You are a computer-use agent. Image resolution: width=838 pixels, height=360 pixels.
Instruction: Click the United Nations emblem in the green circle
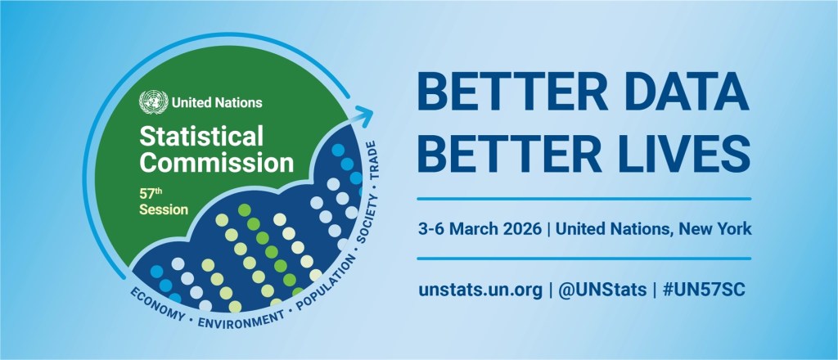(153, 102)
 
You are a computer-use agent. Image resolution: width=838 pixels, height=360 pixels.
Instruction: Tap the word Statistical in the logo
(201, 137)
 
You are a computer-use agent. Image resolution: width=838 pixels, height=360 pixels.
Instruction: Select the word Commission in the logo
(216, 162)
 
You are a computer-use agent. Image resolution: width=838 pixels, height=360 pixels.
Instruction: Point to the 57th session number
(151, 193)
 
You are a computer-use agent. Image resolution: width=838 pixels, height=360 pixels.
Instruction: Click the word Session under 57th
(164, 210)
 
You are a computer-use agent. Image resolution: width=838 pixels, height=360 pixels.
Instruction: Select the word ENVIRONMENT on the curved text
(241, 320)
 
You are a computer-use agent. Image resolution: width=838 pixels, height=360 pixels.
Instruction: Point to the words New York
(715, 229)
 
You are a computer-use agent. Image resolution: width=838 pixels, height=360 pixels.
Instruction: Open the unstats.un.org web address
(480, 290)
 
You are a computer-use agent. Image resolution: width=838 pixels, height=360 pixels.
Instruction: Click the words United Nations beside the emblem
(217, 102)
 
